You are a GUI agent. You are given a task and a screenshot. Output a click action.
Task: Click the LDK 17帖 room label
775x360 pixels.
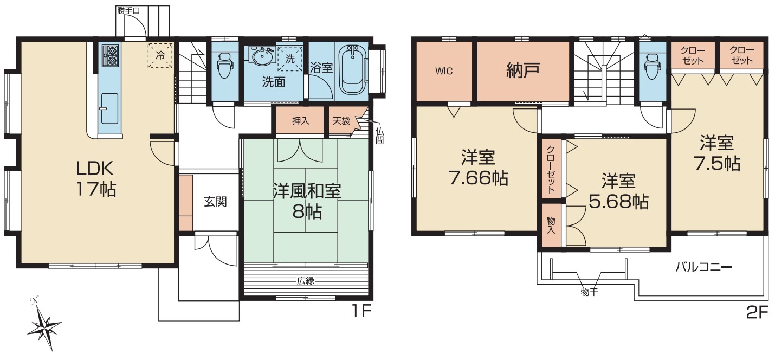pos(96,178)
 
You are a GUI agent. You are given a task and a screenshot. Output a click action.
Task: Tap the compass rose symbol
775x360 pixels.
pos(44,324)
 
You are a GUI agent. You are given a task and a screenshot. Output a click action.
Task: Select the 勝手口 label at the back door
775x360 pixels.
pos(128,11)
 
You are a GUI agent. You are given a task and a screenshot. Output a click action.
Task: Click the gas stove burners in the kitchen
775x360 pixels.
pos(111,55)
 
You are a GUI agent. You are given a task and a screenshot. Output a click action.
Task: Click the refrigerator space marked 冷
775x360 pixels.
pos(160,55)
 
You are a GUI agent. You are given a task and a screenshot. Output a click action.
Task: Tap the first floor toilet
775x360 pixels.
pos(225,65)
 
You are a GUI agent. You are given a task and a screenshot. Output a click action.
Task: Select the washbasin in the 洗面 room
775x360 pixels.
pos(262,56)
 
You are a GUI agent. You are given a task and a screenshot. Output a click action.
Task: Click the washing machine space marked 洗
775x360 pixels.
pos(290,59)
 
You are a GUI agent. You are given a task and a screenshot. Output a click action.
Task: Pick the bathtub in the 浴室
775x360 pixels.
pos(352,70)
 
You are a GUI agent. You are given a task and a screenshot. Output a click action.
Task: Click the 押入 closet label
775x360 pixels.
pos(301,121)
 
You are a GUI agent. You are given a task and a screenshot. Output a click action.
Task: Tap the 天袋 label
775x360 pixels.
pos(341,121)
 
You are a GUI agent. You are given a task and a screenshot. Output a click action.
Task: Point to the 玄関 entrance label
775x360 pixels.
pos(215,202)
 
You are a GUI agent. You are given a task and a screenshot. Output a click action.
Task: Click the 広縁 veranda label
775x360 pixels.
pos(306,281)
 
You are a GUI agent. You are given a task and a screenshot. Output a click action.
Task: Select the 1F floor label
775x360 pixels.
pos(361,312)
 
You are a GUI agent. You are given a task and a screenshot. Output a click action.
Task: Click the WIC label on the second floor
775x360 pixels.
pos(444,72)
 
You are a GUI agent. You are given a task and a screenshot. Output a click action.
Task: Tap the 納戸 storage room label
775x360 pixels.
pos(522,70)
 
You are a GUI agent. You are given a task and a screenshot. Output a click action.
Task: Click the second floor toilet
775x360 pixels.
pos(652,66)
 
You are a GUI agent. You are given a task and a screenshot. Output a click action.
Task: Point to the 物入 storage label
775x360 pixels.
pos(551,226)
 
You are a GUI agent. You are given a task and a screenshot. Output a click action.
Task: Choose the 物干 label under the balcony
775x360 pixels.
pos(589,292)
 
